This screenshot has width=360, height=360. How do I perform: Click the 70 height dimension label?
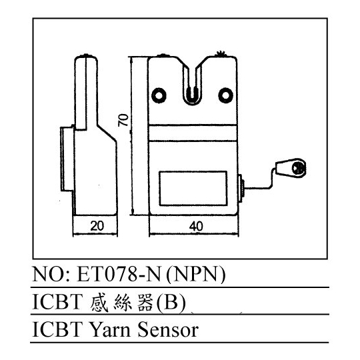(x=123, y=120)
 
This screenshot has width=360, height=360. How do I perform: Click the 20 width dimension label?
(x=97, y=226)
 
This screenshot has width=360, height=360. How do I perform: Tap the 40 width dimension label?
(x=196, y=226)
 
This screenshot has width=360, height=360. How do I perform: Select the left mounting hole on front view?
(x=159, y=95)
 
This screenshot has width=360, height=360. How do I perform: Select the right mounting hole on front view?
(x=226, y=95)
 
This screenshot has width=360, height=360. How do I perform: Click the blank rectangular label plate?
(x=193, y=188)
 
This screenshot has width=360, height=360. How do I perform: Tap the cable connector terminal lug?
(x=291, y=167)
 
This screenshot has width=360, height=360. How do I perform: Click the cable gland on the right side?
(x=241, y=189)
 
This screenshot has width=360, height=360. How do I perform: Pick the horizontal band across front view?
(x=193, y=133)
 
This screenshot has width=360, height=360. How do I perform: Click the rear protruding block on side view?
(x=67, y=159)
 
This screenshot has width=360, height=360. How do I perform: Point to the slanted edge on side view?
(x=107, y=133)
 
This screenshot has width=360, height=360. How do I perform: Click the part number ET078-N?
(x=119, y=275)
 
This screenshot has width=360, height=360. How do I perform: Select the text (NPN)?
(x=195, y=275)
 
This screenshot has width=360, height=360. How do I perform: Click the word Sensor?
(x=168, y=330)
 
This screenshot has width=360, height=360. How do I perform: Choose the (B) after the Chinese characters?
(x=171, y=303)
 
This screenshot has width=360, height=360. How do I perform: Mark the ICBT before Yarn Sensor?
(x=57, y=330)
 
